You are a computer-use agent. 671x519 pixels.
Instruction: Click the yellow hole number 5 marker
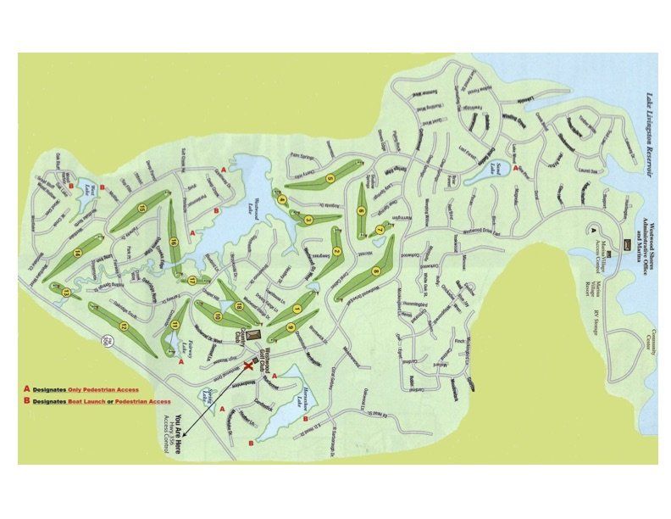331,178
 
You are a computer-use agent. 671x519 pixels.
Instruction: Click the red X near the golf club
249,366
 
